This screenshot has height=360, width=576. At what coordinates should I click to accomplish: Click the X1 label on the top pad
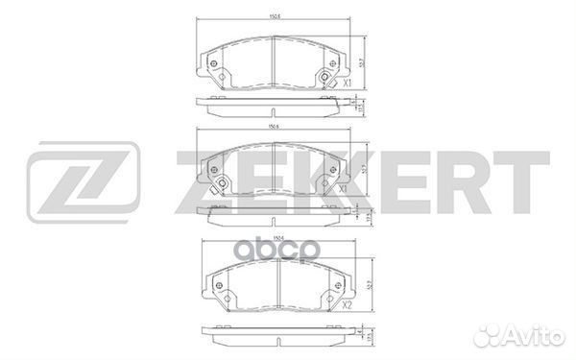pyautogui.click(x=346, y=83)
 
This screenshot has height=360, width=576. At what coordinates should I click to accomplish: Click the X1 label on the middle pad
pyautogui.click(x=343, y=189)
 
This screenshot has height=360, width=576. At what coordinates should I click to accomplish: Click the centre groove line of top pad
pyautogui.click(x=274, y=63)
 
